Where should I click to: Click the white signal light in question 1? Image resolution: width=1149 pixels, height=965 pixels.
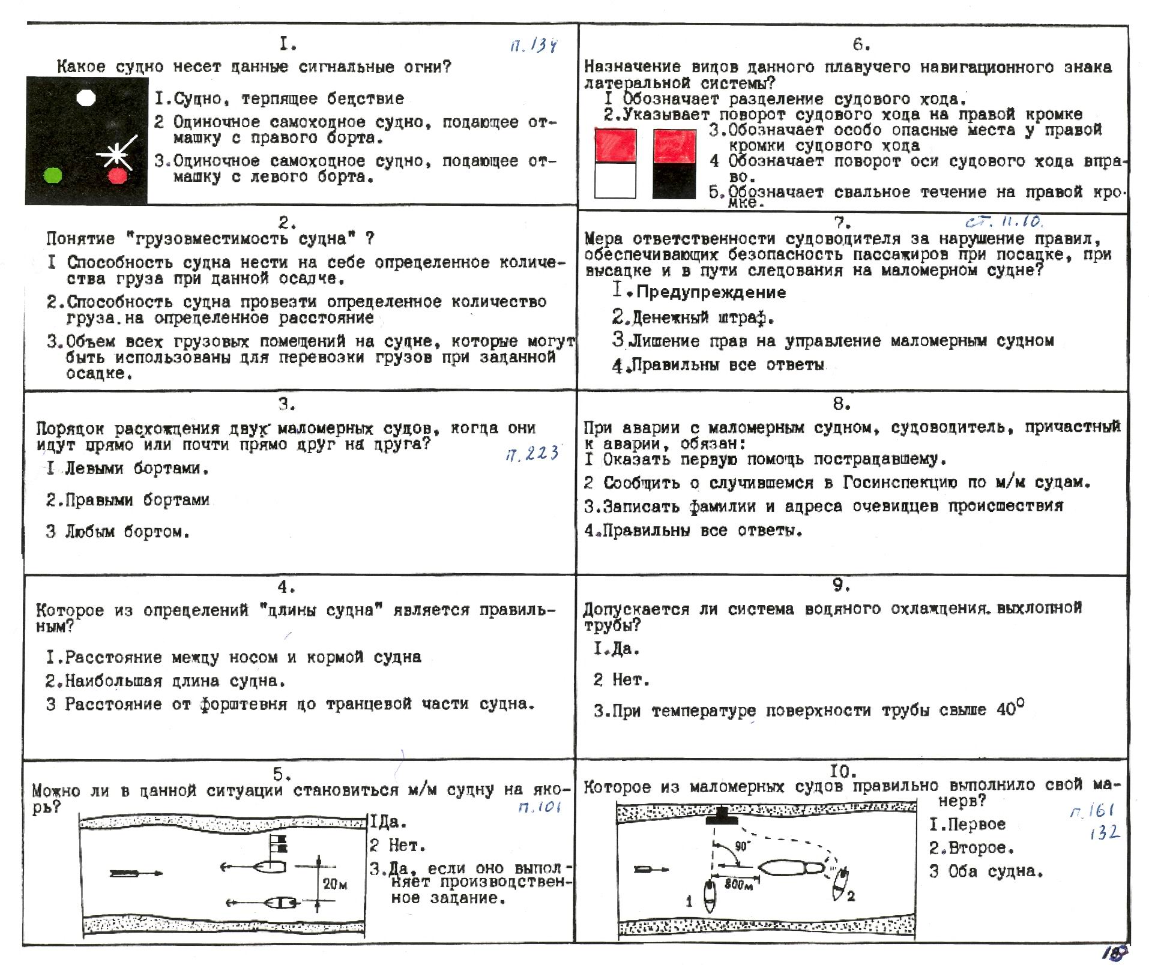[x=86, y=98]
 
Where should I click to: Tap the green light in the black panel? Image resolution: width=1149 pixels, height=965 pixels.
[x=53, y=175]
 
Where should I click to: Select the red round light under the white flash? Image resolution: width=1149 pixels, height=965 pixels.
[x=117, y=176]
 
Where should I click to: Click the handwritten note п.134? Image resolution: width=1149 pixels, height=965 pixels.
[x=533, y=46]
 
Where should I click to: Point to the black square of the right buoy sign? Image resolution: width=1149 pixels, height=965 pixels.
[x=674, y=181]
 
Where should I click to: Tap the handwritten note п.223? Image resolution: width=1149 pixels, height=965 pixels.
[x=532, y=454]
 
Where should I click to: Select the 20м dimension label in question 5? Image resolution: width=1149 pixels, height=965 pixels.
[x=335, y=883]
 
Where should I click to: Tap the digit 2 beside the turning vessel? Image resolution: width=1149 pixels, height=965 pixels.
[x=851, y=897]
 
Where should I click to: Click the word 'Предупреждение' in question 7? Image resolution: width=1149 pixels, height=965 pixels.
[x=711, y=292]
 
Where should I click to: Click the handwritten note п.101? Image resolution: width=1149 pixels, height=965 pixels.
[x=539, y=807]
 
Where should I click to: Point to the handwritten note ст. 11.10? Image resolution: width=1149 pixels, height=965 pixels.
[x=1004, y=221]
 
